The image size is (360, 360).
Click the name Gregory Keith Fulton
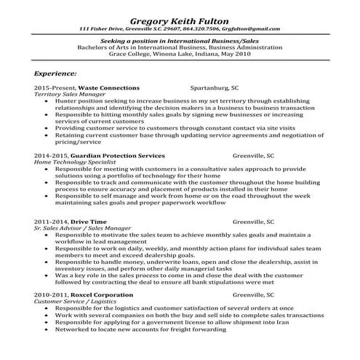pyautogui.click(x=179, y=17)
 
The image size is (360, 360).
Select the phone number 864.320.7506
pyautogui.click(x=198, y=28)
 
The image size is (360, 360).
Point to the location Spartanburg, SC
pyautogui.click(x=215, y=87)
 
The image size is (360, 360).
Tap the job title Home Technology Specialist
pyautogui.click(x=70, y=162)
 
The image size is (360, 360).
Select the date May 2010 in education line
pyautogui.click(x=240, y=54)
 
